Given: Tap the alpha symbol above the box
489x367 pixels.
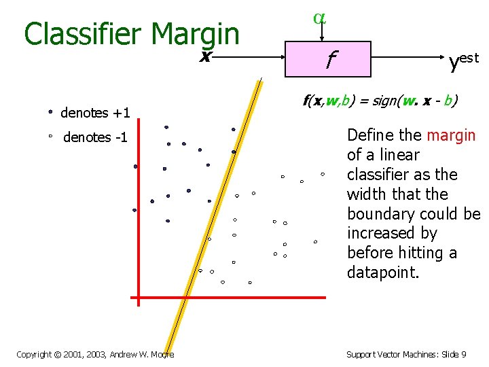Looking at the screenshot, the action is tap(319, 18).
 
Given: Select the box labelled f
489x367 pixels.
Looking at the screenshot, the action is tap(328, 59).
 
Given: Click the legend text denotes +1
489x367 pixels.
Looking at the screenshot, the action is tap(95, 113).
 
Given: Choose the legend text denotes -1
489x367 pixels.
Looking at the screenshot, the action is tap(95, 137).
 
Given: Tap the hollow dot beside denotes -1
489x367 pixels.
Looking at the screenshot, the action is tap(50, 137).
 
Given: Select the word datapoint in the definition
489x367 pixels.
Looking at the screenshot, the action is tap(383, 273).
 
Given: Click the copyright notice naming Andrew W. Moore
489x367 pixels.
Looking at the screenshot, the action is tap(95, 354).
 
